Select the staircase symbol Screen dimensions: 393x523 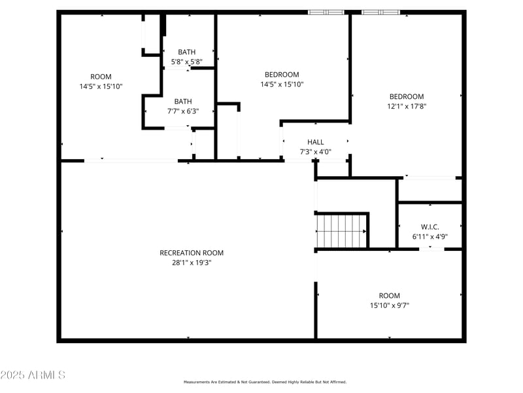[x=341, y=231]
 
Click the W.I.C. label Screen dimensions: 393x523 [x=430, y=227]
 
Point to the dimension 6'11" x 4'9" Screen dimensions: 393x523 [x=430, y=236]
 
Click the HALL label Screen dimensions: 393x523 [x=316, y=142]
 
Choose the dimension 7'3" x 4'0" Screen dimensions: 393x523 [x=316, y=152]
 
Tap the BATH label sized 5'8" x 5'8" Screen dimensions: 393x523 [x=187, y=52]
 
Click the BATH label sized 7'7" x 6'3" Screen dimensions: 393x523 [x=183, y=102]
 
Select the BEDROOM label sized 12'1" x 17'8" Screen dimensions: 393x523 [x=407, y=96]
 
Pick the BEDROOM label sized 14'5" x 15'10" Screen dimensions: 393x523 [x=282, y=75]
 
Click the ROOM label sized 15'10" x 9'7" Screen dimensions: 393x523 [x=389, y=295]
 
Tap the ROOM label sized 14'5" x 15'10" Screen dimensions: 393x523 [x=101, y=77]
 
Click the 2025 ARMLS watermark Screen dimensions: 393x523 [x=33, y=375]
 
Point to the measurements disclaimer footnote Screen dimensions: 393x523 [x=265, y=382]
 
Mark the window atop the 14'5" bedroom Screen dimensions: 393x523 [x=326, y=12]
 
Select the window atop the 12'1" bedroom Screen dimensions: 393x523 [x=381, y=12]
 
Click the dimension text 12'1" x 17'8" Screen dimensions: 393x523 [x=407, y=106]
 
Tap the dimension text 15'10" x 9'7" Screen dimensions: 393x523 [x=389, y=305]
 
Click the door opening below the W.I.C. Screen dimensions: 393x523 [x=430, y=249]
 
